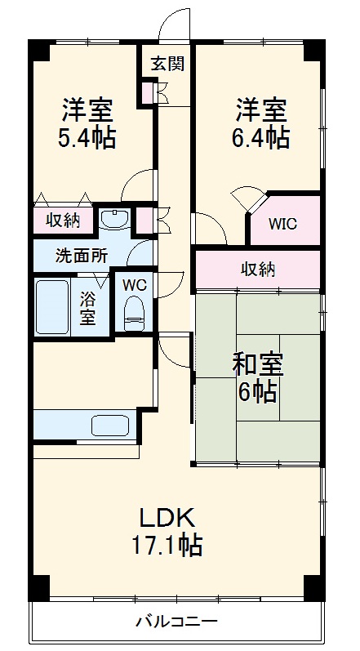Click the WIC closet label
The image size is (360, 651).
tap(284, 223)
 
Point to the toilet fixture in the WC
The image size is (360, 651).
tap(133, 312)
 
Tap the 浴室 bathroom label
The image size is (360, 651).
tap(87, 308)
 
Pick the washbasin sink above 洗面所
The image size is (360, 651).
tap(116, 219)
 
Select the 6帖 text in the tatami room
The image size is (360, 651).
tap(256, 392)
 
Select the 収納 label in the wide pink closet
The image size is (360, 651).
tap(257, 268)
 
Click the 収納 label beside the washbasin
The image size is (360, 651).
tap(62, 221)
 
